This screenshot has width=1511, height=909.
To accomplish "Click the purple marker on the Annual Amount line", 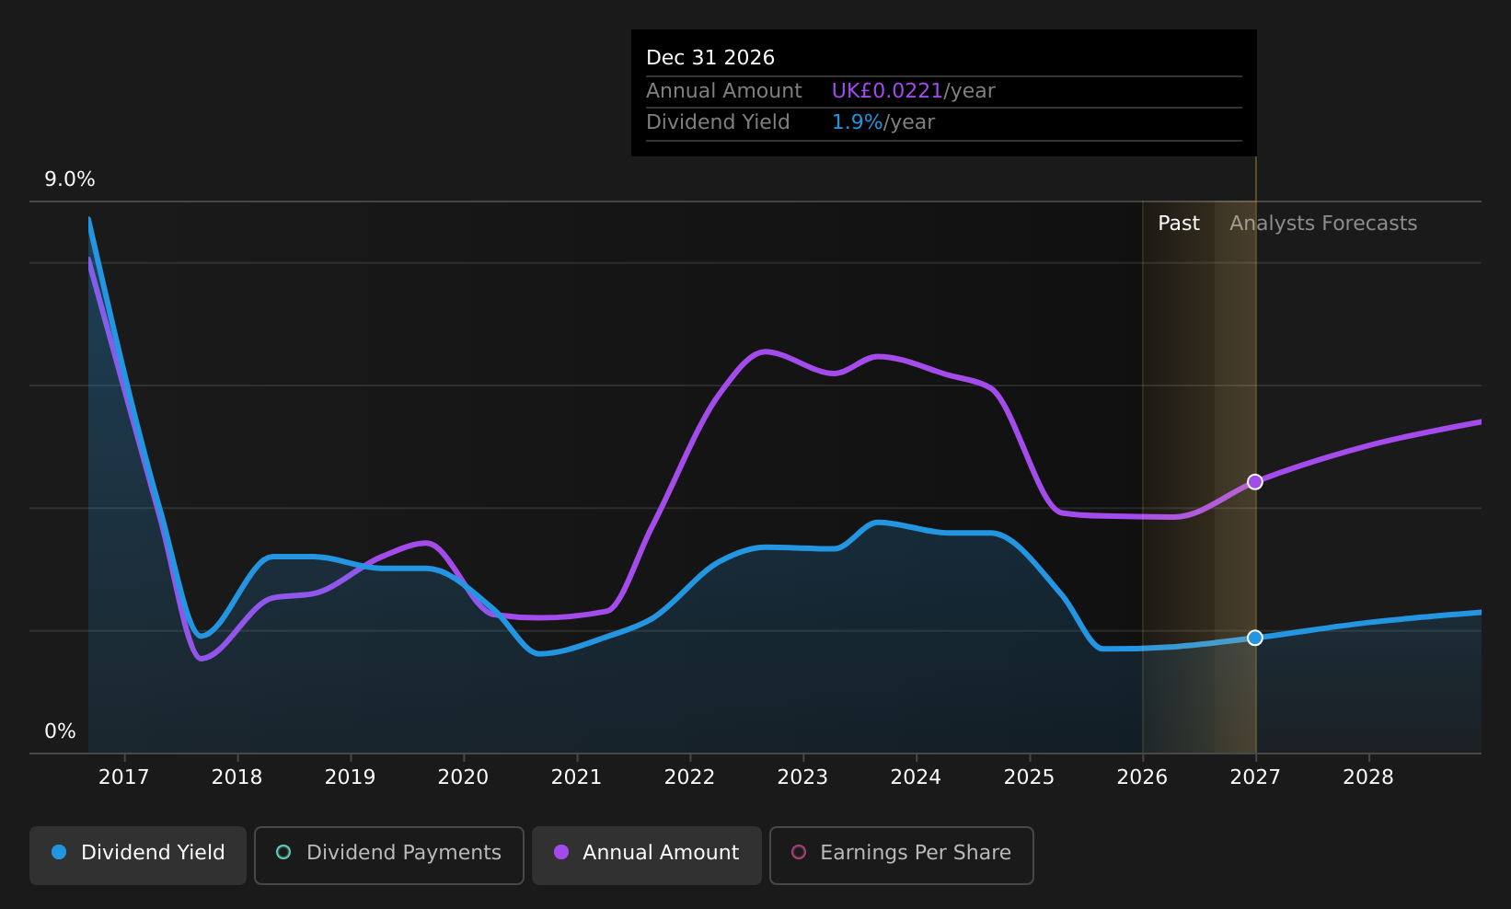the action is click(1254, 481).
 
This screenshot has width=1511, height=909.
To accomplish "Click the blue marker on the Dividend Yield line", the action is click(1254, 638).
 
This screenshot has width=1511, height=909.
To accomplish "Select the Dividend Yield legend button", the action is click(138, 855).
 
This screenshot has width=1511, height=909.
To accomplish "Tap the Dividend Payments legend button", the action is click(389, 855).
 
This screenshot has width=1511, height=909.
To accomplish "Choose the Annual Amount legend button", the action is click(647, 855).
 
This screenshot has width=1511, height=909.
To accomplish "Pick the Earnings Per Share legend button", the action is click(901, 855).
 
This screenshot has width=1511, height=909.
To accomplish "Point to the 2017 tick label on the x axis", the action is click(123, 777).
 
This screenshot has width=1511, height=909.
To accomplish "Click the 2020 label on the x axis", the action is click(463, 777).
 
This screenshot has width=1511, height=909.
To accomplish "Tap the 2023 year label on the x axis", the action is click(802, 777).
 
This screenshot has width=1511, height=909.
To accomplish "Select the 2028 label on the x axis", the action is click(1368, 777).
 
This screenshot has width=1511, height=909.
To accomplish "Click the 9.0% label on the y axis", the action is click(70, 179).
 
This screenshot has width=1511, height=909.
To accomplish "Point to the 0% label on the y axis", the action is click(60, 731).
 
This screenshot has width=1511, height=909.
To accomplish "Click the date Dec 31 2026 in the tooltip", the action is click(710, 58).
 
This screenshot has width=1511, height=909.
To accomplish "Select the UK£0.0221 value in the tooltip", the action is click(887, 91).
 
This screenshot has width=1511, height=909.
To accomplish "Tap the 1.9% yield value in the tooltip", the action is click(857, 122).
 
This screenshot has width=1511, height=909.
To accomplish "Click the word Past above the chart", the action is click(1179, 224).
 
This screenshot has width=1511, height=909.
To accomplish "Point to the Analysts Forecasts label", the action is click(1323, 224).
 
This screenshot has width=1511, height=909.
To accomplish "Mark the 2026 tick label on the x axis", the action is click(1142, 777).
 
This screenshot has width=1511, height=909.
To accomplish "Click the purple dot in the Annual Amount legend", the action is click(561, 852).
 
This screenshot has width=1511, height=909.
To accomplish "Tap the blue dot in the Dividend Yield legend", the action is click(60, 852).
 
